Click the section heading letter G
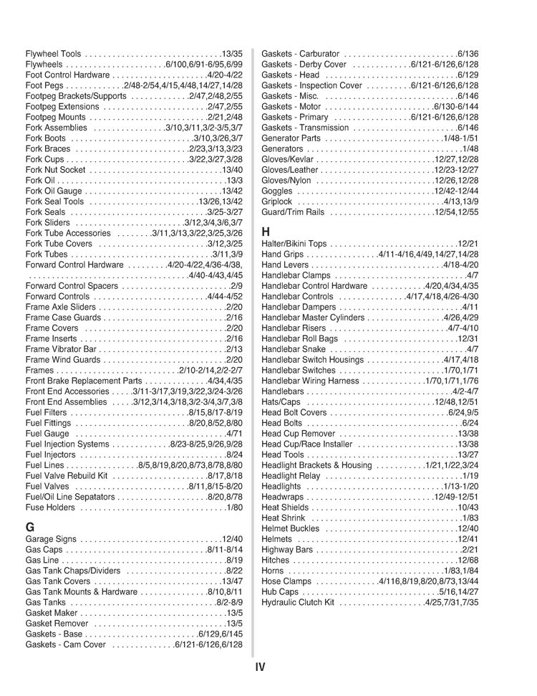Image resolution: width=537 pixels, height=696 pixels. (x=30, y=526)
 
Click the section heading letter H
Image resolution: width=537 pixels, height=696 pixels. (x=266, y=232)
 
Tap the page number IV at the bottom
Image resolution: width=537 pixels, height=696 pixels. (x=260, y=667)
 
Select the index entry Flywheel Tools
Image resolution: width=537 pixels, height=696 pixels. (x=53, y=54)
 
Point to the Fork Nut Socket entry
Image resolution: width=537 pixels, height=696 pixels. (x=55, y=170)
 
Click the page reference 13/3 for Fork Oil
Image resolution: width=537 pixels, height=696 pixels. (x=233, y=181)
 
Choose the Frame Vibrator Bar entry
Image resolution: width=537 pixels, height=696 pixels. (x=60, y=349)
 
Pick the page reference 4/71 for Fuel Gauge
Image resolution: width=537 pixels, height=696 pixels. (x=233, y=434)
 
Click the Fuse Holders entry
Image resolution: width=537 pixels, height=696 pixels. (x=50, y=507)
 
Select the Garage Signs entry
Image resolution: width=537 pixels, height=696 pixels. (x=52, y=539)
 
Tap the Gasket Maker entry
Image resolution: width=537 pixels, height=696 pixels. (x=51, y=613)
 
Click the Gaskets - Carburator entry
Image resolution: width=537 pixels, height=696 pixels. (x=301, y=54)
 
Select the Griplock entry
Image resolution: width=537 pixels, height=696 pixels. (x=277, y=201)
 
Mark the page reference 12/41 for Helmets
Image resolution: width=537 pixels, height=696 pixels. (x=467, y=539)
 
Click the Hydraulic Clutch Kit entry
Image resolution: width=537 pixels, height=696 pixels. (x=298, y=602)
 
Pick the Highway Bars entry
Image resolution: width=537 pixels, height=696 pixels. (x=288, y=550)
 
